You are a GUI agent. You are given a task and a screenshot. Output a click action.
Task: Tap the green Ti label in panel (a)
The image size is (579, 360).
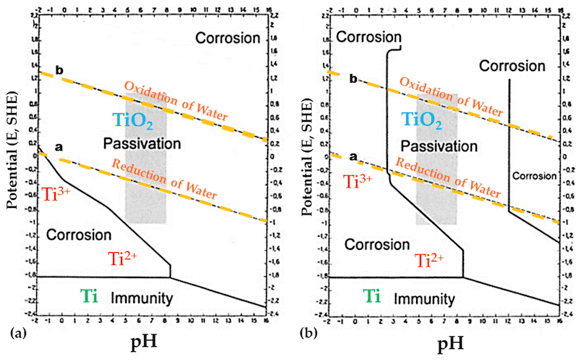coord(89,296)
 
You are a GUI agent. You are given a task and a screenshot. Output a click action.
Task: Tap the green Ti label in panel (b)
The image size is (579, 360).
coord(372,296)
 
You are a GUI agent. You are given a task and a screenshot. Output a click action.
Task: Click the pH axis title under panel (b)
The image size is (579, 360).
coord(441,340)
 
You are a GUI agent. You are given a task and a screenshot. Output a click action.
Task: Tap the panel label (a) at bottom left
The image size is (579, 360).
coord(12,334)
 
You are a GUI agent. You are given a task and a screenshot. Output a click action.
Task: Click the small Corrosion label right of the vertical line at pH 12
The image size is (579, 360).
coord(535,175)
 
